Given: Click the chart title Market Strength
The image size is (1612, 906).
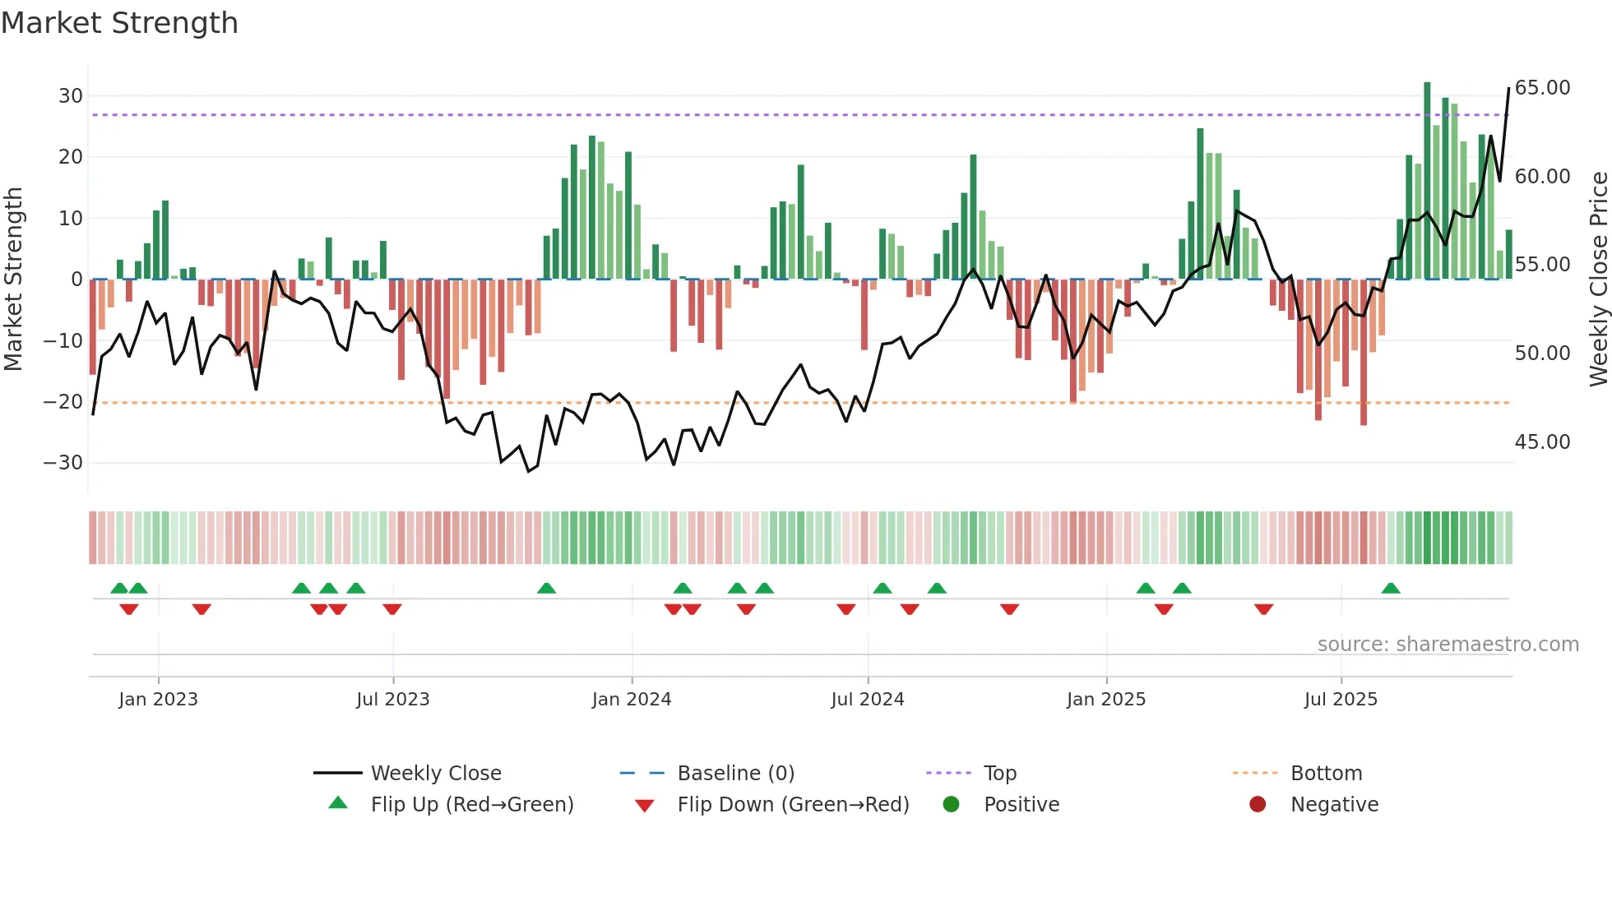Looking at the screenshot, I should tap(119, 23).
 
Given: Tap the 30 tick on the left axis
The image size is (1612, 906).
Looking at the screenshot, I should tap(71, 95).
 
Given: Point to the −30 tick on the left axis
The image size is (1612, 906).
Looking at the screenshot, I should tap(63, 463).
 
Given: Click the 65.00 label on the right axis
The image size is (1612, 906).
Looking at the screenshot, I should tap(1542, 88).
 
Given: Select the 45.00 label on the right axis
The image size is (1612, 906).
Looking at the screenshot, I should tap(1542, 442).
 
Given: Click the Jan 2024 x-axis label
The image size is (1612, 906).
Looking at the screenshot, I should tap(632, 700).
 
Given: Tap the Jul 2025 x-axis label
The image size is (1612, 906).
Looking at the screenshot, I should tap(1341, 700).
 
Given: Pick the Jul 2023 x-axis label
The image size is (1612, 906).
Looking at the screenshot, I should tap(393, 700).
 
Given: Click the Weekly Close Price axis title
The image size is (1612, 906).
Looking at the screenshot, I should tap(1598, 280).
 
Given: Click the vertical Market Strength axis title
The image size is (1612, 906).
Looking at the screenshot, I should tap(14, 280).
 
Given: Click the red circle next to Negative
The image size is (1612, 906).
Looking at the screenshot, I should tap(1258, 805).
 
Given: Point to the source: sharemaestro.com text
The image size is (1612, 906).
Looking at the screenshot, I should tap(1448, 645).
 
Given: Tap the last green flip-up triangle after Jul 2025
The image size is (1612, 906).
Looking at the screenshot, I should tap(1391, 589).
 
